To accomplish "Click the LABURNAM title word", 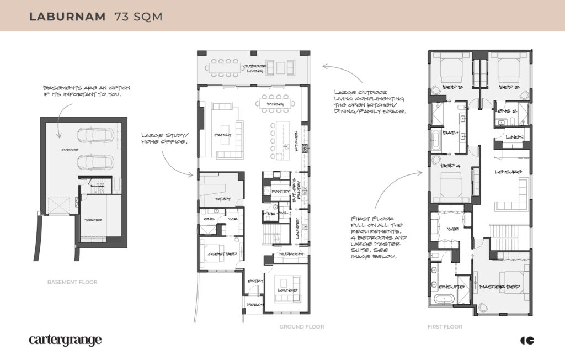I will click(67, 17).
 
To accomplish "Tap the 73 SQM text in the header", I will click(138, 17).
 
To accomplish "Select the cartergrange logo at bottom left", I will click(65, 340).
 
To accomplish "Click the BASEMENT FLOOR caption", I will click(72, 282).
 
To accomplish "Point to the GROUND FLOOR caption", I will click(302, 327).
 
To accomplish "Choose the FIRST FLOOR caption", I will click(445, 327).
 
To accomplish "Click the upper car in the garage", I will click(95, 135).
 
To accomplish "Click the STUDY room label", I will click(223, 198).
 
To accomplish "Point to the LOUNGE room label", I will click(287, 290).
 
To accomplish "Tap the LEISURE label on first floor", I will click(508, 172).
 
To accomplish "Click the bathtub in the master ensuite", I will click(443, 300).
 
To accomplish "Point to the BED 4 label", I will click(451, 166).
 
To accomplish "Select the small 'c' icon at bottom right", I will click(527, 340).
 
